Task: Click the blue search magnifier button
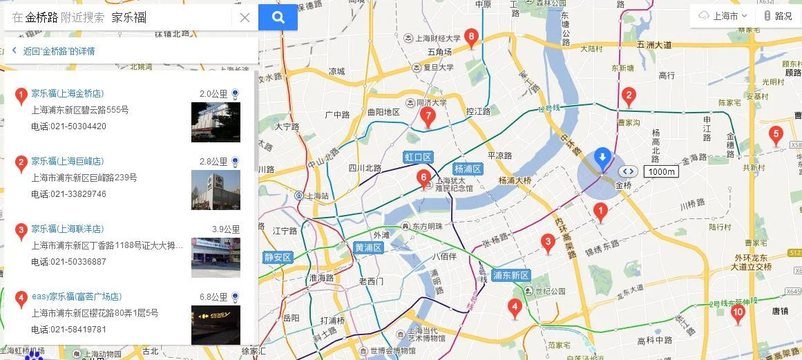[278, 18]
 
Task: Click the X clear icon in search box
[245, 18]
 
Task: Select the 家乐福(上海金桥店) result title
[67, 93]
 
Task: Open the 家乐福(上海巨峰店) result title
[67, 161]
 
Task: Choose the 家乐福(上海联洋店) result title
[67, 229]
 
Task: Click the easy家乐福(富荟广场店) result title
[76, 296]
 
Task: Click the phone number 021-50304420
[68, 126]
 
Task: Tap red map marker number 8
[471, 37]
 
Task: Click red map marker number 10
[738, 313]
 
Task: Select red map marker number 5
[776, 135]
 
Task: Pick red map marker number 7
[428, 117]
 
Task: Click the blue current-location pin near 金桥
[602, 158]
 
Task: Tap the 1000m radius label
[661, 171]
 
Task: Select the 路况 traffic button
[778, 16]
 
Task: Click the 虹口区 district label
[418, 158]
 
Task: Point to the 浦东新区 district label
[510, 275]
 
